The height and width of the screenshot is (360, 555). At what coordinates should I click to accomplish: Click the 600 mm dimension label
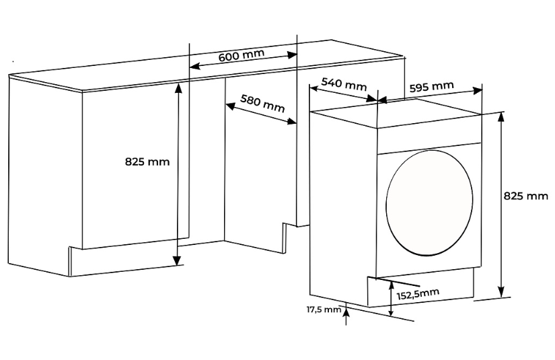coord(241,56)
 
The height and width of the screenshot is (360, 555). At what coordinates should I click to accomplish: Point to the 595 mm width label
coord(431,87)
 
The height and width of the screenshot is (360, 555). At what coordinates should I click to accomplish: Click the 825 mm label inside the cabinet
coord(147,161)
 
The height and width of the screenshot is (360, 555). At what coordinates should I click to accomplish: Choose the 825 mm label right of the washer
coord(525,196)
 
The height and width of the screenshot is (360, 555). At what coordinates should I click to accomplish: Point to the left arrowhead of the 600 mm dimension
coord(194,66)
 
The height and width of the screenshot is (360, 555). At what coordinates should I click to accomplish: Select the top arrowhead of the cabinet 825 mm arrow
coord(178,90)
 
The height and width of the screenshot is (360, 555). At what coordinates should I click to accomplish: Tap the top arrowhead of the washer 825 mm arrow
coord(501,117)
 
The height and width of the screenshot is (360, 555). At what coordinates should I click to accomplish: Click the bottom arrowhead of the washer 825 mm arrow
coord(501,292)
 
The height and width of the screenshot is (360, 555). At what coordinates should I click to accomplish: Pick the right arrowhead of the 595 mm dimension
coord(478,90)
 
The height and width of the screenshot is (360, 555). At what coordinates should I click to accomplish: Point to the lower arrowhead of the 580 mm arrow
coord(292,122)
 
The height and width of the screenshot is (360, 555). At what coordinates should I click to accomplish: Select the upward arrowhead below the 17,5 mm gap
coord(346,311)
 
